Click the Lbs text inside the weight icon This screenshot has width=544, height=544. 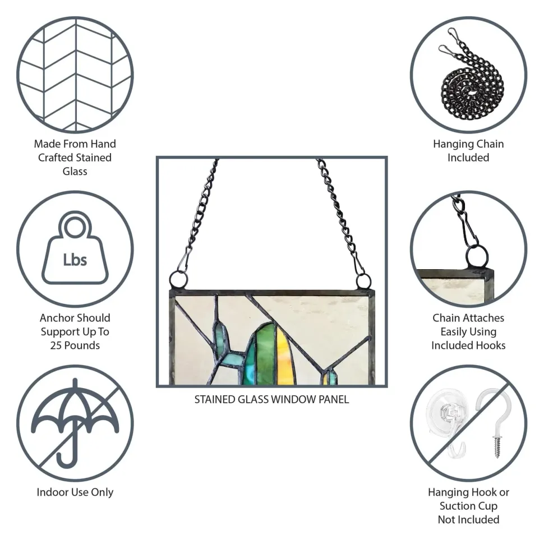coord(75,260)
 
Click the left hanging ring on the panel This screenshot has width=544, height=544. coord(179,280)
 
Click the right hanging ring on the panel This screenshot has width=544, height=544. coord(363,281)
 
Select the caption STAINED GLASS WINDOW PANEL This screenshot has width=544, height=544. coord(271,399)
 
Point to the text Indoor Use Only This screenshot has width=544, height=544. coord(75,492)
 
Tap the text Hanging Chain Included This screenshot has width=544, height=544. coord(468,150)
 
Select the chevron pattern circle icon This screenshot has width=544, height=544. coord(75,75)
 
